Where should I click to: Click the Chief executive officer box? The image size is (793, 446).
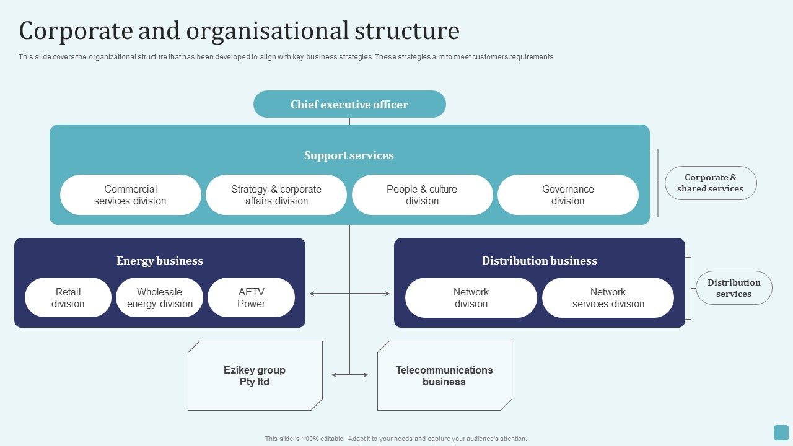(349, 104)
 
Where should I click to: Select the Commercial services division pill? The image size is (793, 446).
(130, 195)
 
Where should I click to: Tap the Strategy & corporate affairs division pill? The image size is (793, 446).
(276, 195)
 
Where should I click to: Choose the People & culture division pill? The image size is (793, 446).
(422, 195)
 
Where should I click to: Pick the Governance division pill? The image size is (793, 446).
(567, 195)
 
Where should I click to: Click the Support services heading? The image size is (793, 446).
(349, 155)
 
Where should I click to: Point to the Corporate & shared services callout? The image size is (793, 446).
(710, 183)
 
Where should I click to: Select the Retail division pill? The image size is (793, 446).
(68, 297)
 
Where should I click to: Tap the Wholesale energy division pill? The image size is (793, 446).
(160, 297)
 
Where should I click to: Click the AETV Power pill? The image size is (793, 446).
(251, 297)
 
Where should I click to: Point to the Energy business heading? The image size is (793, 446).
(160, 261)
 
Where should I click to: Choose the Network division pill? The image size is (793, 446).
(471, 297)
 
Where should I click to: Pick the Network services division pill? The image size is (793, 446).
(608, 297)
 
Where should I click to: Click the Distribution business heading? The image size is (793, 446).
(539, 261)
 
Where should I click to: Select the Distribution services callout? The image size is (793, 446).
(734, 288)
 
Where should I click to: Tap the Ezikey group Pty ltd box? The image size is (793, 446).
(255, 375)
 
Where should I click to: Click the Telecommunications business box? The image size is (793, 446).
(444, 375)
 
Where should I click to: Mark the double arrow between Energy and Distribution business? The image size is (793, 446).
(349, 294)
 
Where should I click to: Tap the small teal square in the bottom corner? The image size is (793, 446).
(781, 432)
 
